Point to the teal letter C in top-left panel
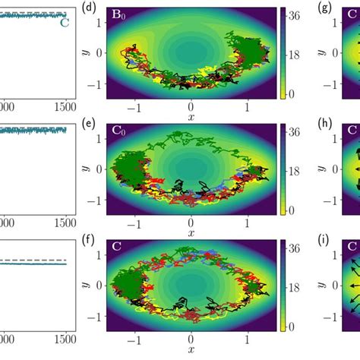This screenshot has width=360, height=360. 65,22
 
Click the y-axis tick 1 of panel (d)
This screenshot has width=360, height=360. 99,23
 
